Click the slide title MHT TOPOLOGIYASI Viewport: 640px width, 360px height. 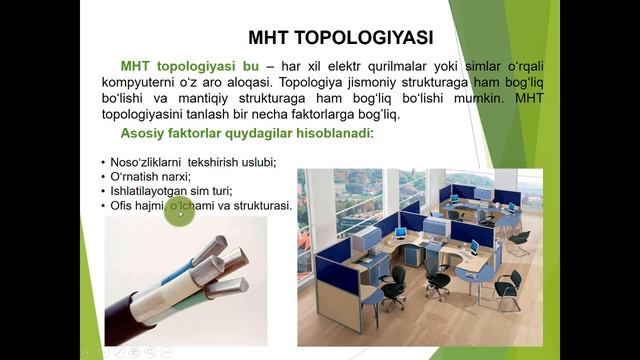340,38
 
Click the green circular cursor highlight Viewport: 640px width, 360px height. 179,212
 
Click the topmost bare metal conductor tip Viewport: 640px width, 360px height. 213,245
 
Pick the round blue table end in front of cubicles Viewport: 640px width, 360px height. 367,293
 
